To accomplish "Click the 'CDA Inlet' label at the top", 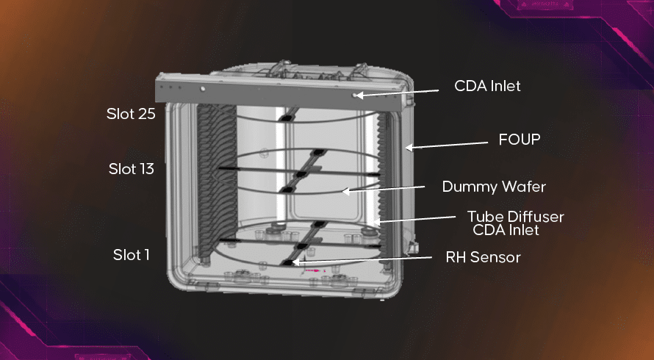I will coord(487,86).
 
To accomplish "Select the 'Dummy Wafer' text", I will coord(493,187).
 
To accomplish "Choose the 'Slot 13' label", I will coord(131,169).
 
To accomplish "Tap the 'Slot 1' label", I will coord(131,255).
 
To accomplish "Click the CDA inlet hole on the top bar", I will coord(356,95).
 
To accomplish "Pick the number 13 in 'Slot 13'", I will coord(146,169).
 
